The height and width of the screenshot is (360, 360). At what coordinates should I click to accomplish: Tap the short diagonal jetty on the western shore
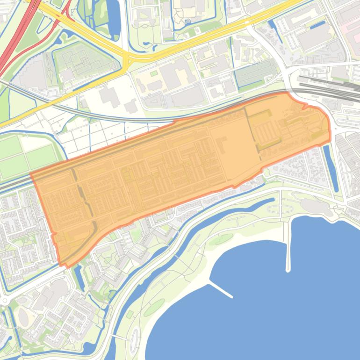click(x=220, y=289)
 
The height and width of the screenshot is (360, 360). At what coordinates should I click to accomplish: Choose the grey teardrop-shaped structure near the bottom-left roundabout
click(x=23, y=317)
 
